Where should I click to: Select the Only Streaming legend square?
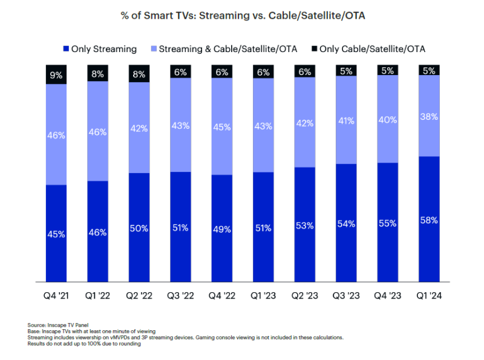coord(66,48)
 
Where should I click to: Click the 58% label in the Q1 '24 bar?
coord(429,220)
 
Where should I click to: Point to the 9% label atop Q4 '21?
coord(56,76)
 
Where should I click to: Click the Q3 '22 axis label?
coord(180,297)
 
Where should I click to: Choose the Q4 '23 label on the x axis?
coord(388,297)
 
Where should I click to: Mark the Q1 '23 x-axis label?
coord(263,297)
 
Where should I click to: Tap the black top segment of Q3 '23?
coord(346,71)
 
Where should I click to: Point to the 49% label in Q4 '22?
coord(221,229)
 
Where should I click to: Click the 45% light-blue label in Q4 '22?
coord(221,126)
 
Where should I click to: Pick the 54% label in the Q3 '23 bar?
coord(346,224)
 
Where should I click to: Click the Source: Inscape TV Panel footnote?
coord(57,325)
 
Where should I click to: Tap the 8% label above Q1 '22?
coord(97,74)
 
